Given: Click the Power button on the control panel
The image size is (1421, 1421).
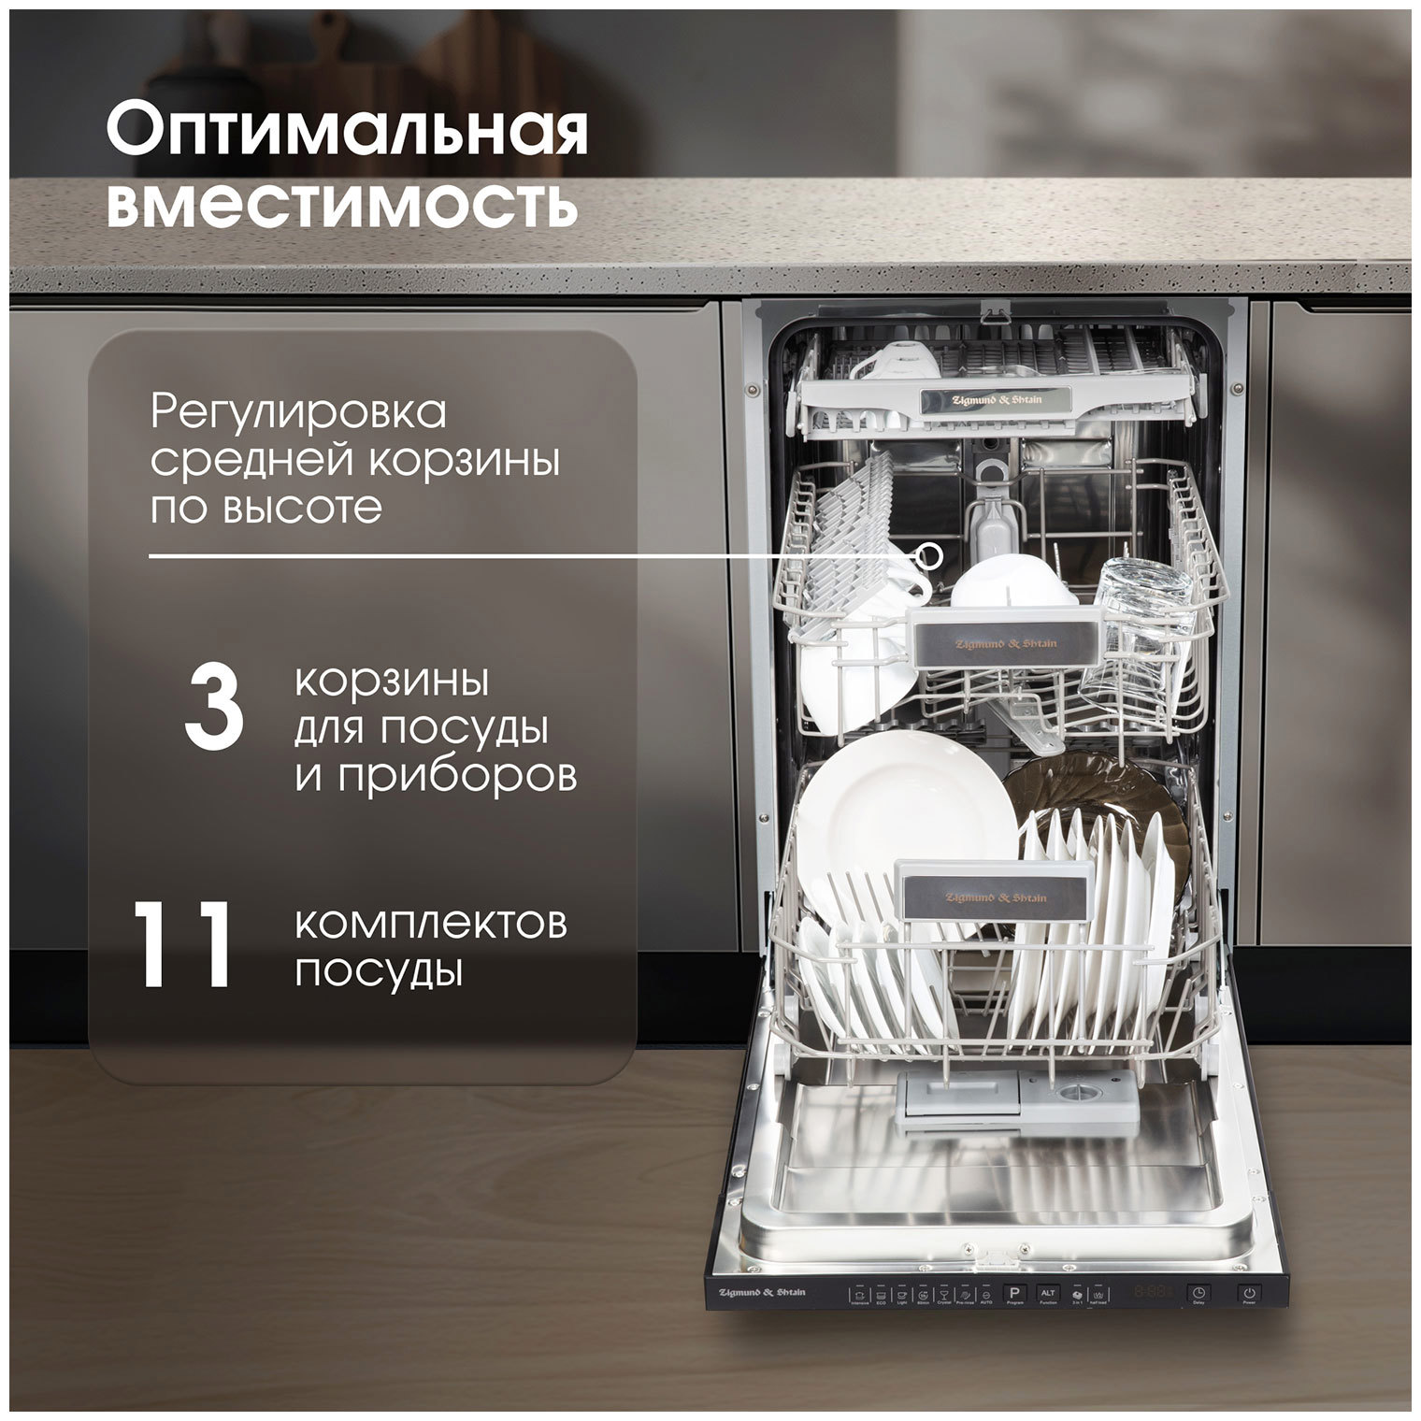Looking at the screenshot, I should [x=1249, y=1294].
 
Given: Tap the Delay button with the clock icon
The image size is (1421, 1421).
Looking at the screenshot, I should [x=1198, y=1294].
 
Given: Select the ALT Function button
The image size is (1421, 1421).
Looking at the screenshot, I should [x=1048, y=1294].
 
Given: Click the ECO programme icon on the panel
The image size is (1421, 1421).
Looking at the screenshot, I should [x=882, y=1295].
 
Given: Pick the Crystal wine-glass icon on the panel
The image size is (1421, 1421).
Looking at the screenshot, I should [x=944, y=1295].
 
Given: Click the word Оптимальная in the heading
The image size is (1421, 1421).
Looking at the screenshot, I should [x=347, y=133].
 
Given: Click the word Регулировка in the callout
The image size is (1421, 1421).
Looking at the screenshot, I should [x=299, y=412].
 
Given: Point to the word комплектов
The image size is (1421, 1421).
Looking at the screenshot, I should [x=432, y=926].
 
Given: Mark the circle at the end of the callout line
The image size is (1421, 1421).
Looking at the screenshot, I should [x=928, y=555].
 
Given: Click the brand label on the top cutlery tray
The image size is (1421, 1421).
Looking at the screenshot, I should [x=996, y=397].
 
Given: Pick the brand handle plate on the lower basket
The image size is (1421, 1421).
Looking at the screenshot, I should [x=996, y=897].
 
